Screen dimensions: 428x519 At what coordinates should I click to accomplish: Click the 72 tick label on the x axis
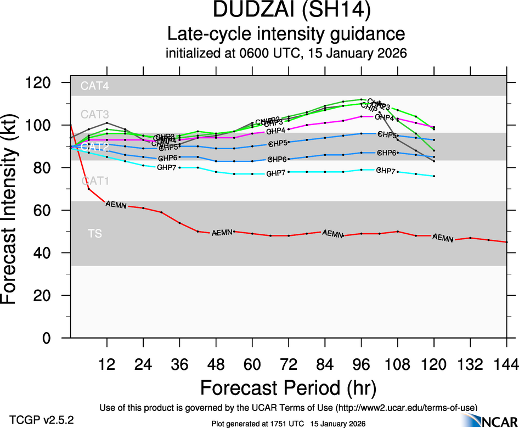(289, 365)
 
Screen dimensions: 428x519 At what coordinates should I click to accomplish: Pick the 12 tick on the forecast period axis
(107, 365)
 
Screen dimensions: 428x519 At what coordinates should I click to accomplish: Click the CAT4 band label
(95, 86)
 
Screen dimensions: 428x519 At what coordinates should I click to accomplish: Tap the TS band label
(94, 234)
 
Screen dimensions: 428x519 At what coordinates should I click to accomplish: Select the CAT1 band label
(95, 181)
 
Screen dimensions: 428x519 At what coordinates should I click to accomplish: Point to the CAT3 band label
(95, 114)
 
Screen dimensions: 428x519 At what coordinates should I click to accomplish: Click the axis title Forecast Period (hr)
(288, 388)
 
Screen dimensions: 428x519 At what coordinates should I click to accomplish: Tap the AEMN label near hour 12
(116, 205)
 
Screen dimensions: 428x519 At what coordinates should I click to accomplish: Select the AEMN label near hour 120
(443, 238)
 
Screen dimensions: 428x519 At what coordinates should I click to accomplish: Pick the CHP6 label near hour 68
(277, 160)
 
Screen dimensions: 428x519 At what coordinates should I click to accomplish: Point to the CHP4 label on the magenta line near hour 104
(385, 117)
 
